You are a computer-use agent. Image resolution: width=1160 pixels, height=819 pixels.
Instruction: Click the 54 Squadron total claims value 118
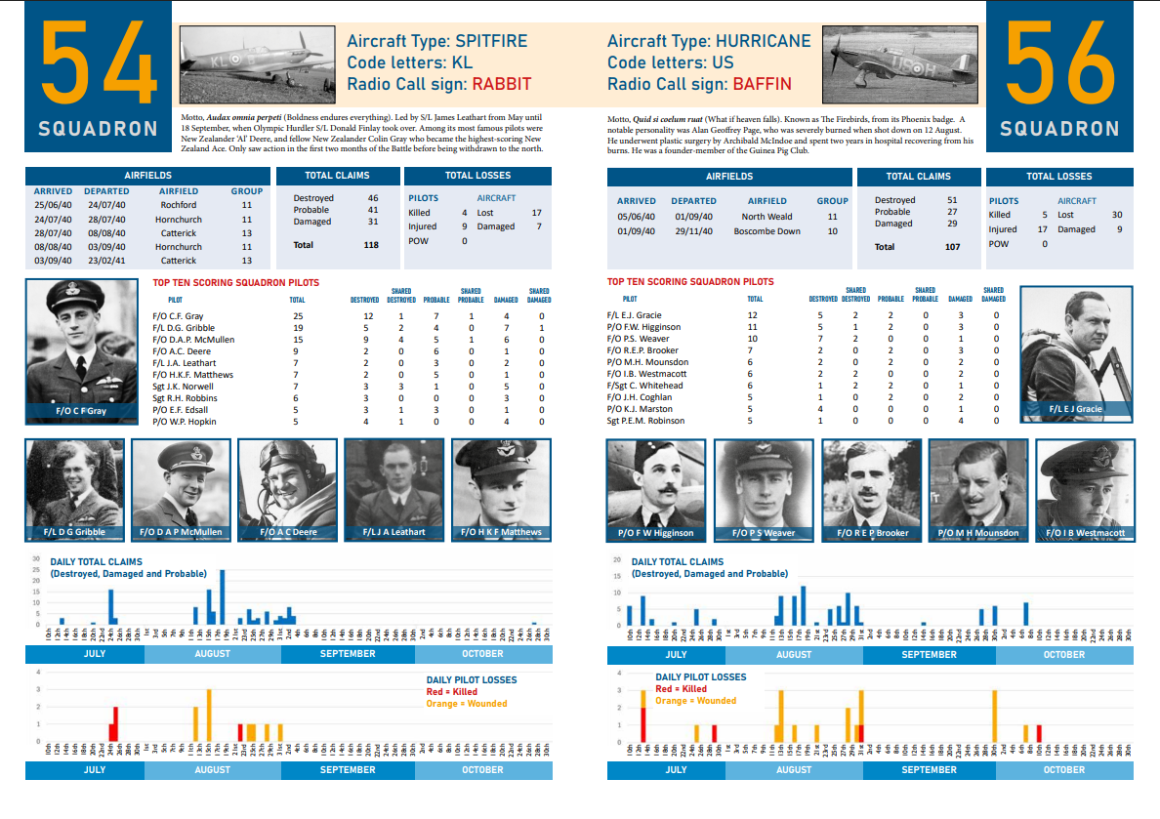pyautogui.click(x=370, y=245)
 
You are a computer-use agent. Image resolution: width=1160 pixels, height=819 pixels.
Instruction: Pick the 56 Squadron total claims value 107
pyautogui.click(x=950, y=247)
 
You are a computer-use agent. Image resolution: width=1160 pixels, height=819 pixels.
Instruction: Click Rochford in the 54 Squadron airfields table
pyautogui.click(x=178, y=205)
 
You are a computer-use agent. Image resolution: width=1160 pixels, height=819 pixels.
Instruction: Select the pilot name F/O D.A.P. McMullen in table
pyautogui.click(x=193, y=340)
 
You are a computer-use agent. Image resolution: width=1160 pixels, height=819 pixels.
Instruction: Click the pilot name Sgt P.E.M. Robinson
pyautogui.click(x=644, y=421)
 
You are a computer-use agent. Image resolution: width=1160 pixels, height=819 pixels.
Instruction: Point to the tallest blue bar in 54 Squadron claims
pyautogui.click(x=223, y=596)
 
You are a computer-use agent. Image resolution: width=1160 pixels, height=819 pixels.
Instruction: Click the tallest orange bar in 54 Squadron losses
pyautogui.click(x=209, y=715)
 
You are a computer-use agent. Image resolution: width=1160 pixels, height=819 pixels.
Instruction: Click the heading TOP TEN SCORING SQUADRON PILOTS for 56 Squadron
pyautogui.click(x=689, y=282)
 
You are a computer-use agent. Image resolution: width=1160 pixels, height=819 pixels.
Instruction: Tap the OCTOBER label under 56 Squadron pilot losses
pyautogui.click(x=1063, y=769)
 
